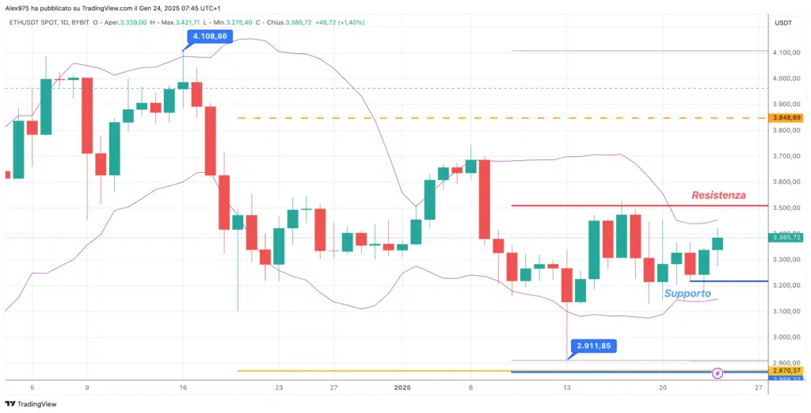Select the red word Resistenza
coord(718,195)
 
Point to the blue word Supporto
coord(687,293)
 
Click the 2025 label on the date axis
coord(402,387)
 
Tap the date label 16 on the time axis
coord(183,387)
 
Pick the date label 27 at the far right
coord(758,387)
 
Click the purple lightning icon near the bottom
coord(718,372)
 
